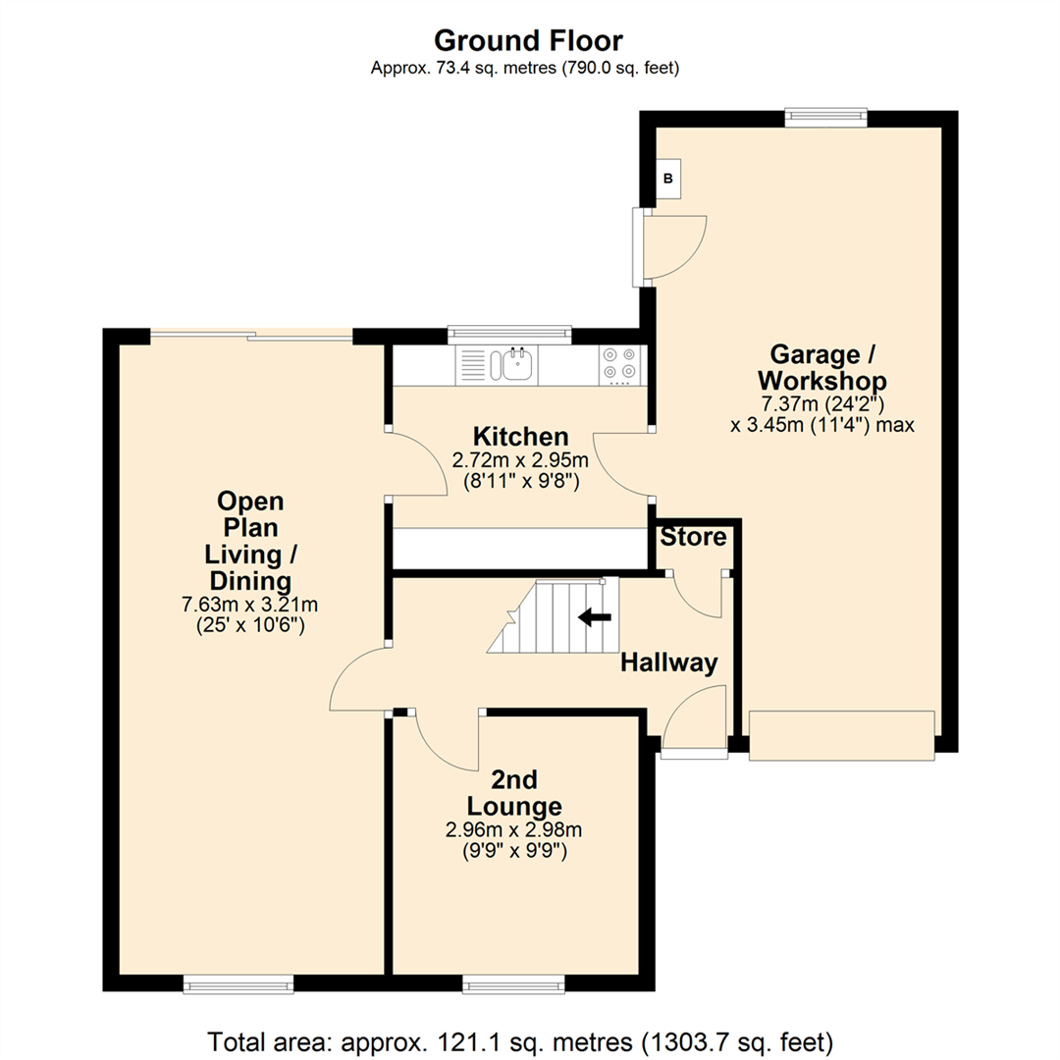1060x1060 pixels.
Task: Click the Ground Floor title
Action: coord(528,41)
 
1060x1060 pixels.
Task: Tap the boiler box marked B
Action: coord(668,179)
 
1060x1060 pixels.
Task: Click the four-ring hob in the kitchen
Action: coord(619,365)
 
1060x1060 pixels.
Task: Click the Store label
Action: coord(693,537)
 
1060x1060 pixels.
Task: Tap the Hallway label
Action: coord(668,663)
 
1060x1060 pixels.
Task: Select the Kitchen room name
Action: coord(519,436)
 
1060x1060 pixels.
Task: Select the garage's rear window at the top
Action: coord(825,118)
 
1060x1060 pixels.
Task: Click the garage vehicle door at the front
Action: coord(841,735)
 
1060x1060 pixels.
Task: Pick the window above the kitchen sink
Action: coord(508,335)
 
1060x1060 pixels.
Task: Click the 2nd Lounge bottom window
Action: coord(514,982)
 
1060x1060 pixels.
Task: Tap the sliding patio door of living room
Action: coord(250,337)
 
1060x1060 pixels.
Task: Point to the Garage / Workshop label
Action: coord(827,366)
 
